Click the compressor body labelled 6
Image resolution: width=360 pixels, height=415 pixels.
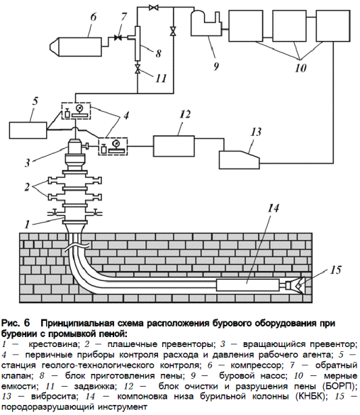(76, 46)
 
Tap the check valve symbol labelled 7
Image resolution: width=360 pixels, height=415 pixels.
(118, 38)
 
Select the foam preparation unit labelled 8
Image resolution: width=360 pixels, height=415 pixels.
(137, 44)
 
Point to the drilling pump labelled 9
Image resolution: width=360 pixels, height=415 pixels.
(206, 24)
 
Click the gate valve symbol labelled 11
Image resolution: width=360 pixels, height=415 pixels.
(137, 70)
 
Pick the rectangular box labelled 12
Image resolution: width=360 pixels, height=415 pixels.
(174, 146)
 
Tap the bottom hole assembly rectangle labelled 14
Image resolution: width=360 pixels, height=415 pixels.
(247, 285)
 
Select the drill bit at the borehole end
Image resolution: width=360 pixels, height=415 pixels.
(296, 285)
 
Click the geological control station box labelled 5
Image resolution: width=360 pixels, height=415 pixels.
(28, 130)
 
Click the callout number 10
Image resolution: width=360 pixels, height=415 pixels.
(300, 68)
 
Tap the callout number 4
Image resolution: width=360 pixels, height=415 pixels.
(126, 115)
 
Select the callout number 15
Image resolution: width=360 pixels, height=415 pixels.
(336, 270)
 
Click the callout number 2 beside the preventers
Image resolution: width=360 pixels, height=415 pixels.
(27, 187)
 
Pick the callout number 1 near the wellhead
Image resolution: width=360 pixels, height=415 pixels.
(27, 224)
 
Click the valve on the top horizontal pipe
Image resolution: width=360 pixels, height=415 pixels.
(153, 7)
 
